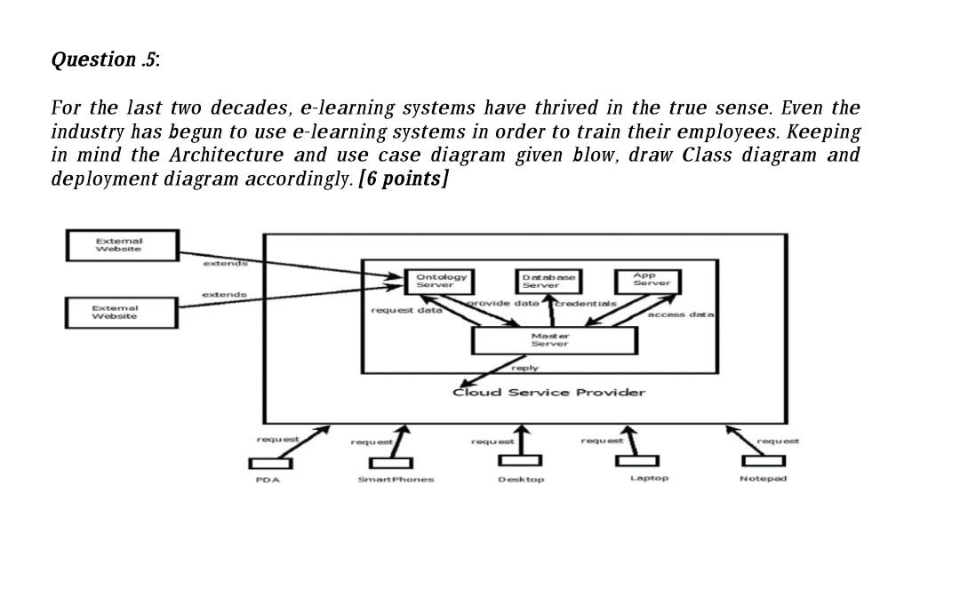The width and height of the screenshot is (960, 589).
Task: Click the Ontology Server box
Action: click(442, 281)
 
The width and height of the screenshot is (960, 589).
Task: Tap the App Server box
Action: click(646, 280)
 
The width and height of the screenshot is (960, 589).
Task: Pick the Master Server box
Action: click(554, 340)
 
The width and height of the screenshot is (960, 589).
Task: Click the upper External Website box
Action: click(122, 245)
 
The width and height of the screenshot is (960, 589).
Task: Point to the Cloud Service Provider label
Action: click(549, 393)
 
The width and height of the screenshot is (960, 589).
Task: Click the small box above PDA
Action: click(268, 463)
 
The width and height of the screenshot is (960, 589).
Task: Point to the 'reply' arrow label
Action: click(525, 368)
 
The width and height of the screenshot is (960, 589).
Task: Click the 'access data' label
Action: click(682, 314)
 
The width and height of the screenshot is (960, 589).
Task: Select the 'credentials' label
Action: click(587, 303)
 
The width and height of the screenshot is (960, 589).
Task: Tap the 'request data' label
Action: click(404, 310)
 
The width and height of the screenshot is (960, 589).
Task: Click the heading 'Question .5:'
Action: click(106, 60)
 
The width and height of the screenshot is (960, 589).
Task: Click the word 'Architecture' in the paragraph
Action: click(227, 155)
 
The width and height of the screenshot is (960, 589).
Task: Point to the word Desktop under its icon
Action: click(521, 480)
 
